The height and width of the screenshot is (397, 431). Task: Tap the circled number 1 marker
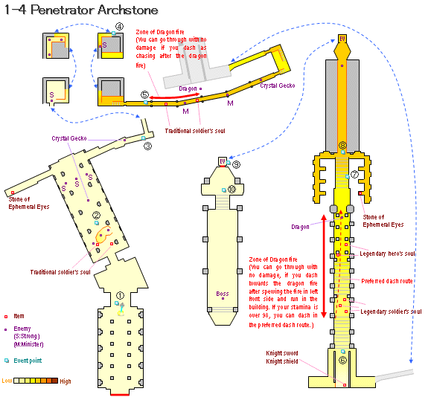click(120, 295)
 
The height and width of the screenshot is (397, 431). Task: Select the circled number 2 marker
click(96, 216)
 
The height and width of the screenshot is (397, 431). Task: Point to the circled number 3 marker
click(147, 146)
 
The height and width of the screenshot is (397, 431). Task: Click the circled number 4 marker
click(120, 26)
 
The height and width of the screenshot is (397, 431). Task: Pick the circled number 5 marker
click(144, 95)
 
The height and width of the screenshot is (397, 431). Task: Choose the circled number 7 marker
click(354, 175)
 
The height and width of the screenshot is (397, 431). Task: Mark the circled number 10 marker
click(232, 190)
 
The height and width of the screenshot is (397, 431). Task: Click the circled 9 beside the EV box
click(236, 163)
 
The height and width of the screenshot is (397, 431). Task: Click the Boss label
click(221, 293)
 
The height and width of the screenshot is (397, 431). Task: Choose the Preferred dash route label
click(388, 280)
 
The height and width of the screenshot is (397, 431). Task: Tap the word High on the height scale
click(66, 381)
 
